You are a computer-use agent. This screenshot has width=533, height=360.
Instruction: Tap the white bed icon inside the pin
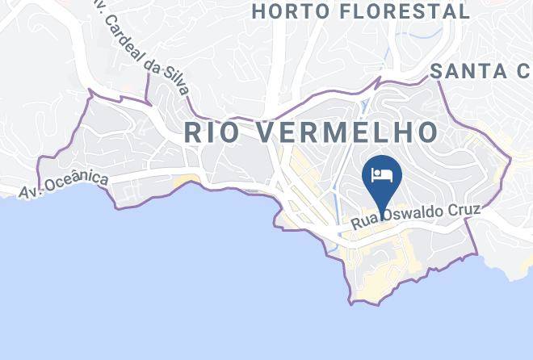coord(381,174)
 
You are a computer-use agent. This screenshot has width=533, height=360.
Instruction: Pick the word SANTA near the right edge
coord(468,71)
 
